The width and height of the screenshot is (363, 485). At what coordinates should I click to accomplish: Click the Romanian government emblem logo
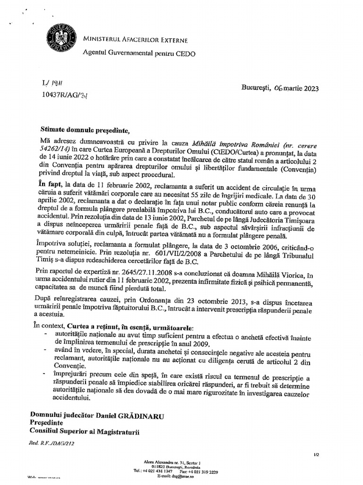point(57,36)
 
